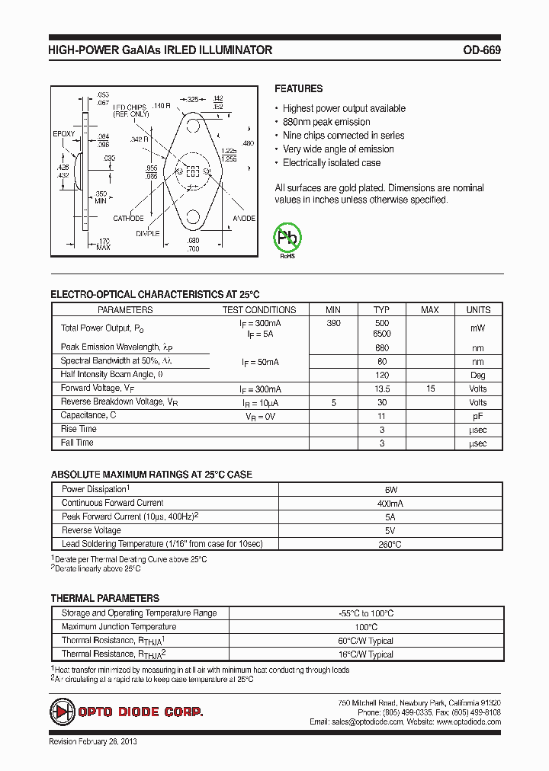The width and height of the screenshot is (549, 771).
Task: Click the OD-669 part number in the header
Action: pyautogui.click(x=481, y=50)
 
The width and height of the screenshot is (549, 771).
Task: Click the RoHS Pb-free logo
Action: pyautogui.click(x=287, y=238)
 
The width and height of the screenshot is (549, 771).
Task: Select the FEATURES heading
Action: pyautogui.click(x=298, y=88)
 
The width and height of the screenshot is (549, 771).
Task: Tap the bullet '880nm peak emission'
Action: pyautogui.click(x=326, y=122)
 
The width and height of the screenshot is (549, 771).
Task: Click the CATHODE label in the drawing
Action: pyautogui.click(x=128, y=219)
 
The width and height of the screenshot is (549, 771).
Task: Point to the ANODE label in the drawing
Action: pyautogui.click(x=244, y=219)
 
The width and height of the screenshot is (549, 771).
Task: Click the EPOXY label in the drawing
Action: pyautogui.click(x=64, y=134)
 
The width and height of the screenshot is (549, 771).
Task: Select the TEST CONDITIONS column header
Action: pyautogui.click(x=259, y=310)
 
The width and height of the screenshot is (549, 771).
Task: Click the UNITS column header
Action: pyautogui.click(x=478, y=310)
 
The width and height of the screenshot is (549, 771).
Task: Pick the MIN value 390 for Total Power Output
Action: pyautogui.click(x=333, y=324)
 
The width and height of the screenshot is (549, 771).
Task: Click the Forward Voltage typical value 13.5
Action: pyautogui.click(x=381, y=389)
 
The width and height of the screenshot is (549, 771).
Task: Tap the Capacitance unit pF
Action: pyautogui.click(x=478, y=416)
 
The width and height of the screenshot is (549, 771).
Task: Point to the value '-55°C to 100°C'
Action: pyautogui.click(x=366, y=613)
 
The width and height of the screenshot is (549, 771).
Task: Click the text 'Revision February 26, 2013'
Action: pyautogui.click(x=93, y=741)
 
